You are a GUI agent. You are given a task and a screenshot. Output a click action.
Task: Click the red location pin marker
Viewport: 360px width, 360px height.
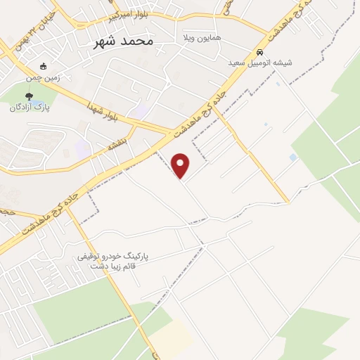pos(181,165)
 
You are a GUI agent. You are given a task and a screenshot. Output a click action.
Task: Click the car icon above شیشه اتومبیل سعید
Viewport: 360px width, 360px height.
pos(259,53)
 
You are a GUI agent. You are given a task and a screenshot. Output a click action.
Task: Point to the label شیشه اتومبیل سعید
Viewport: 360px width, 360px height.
pos(259,63)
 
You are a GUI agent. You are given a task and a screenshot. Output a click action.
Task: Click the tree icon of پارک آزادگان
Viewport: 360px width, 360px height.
pos(28,96)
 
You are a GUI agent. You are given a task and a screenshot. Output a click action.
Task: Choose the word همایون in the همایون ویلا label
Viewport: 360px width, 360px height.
pos(208,36)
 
